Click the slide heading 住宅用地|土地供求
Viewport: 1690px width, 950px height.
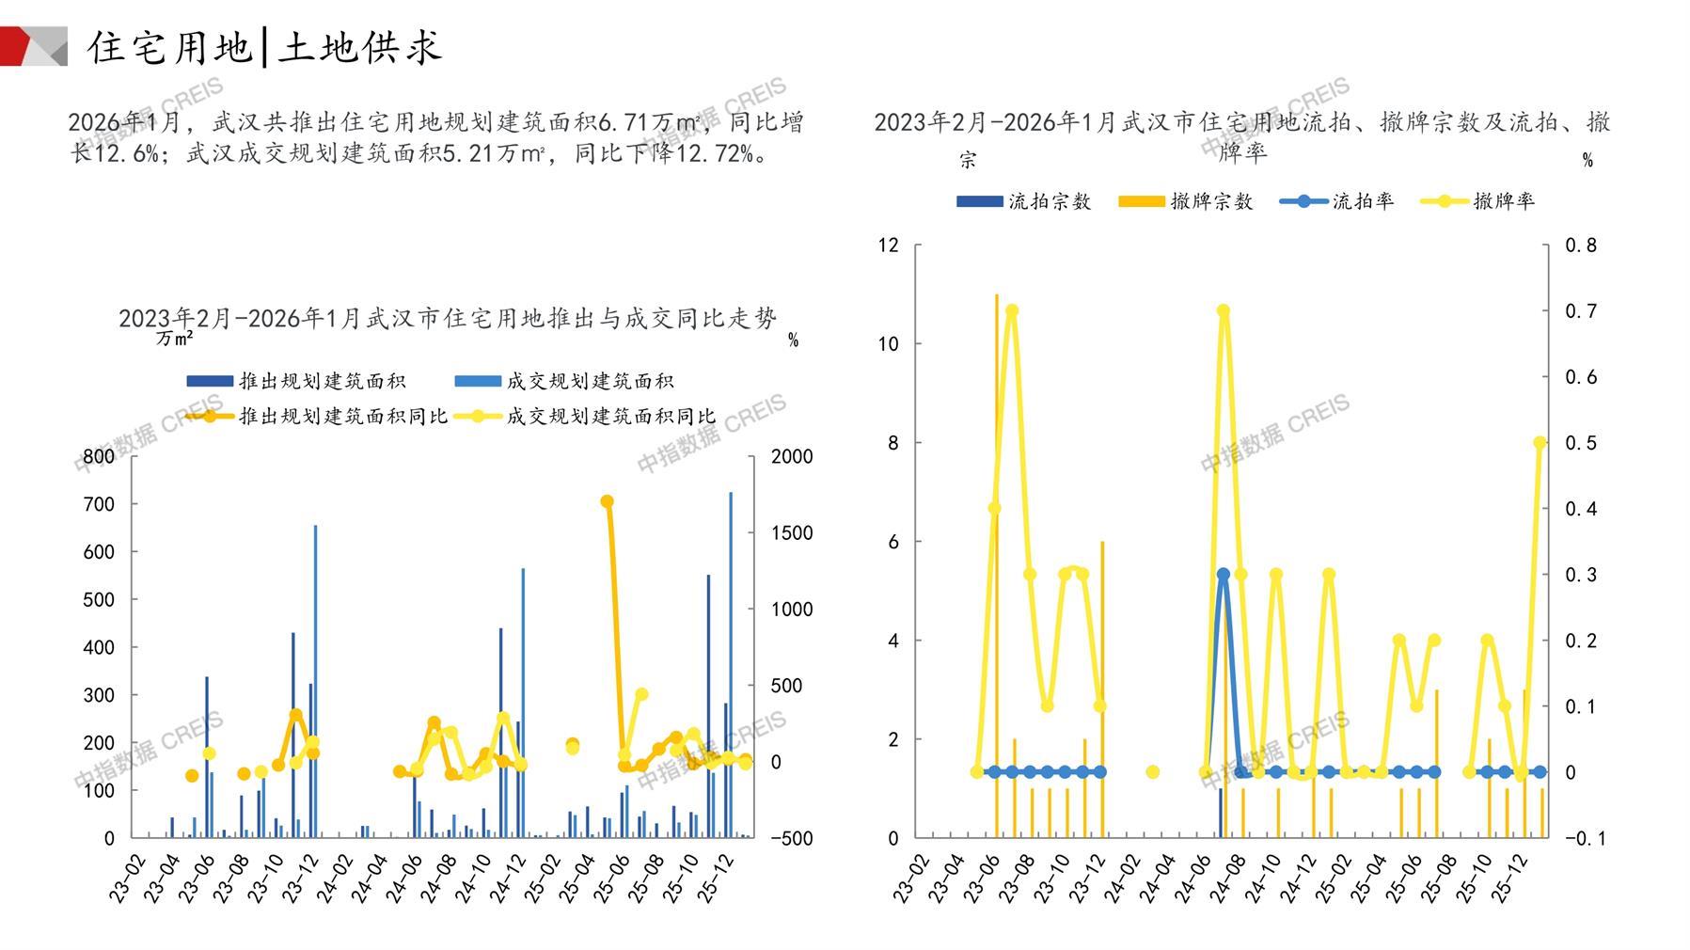(x=264, y=47)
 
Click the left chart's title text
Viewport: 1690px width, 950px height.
(x=448, y=319)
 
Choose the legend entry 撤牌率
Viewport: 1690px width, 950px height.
(x=1503, y=201)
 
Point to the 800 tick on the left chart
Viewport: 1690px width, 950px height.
(x=99, y=457)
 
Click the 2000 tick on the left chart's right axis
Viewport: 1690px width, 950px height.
(x=792, y=457)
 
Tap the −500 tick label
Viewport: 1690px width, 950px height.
(x=790, y=838)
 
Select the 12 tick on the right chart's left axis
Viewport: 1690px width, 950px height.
(x=888, y=245)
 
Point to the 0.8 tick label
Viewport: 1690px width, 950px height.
(x=1580, y=245)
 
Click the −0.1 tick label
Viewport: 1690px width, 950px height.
(x=1585, y=838)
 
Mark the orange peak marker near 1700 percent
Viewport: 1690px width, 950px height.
(x=607, y=501)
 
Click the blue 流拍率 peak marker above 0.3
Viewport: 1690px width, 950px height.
(x=1223, y=574)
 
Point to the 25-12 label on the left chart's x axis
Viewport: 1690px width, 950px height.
(x=718, y=879)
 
